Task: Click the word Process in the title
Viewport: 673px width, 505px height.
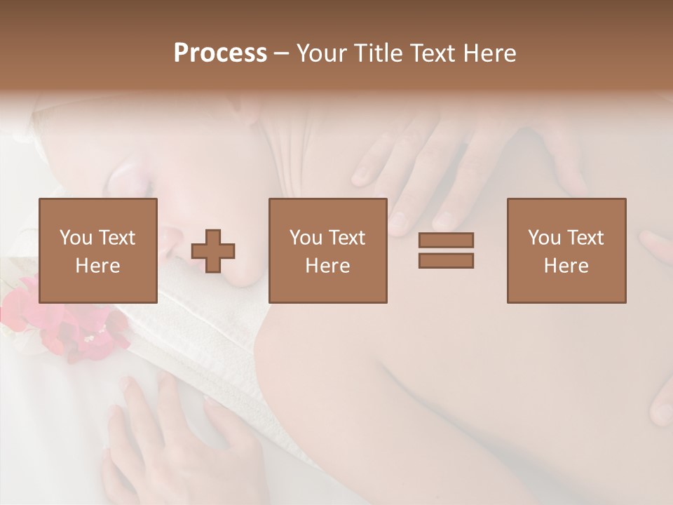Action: coord(220,53)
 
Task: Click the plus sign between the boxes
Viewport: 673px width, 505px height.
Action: coord(213,250)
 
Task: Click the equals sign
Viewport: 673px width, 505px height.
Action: coord(446,250)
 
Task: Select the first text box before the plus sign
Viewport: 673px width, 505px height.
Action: coord(98,250)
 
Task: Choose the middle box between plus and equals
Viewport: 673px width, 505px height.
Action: coord(328,250)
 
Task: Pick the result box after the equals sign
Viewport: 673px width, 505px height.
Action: coord(566,250)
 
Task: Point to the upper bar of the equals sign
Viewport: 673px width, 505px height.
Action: coord(446,241)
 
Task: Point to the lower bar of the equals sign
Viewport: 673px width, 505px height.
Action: coord(446,260)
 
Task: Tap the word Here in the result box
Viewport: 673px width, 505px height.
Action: coord(566,265)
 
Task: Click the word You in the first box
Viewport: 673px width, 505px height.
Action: coord(76,238)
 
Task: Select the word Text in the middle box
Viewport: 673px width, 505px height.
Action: coord(347,238)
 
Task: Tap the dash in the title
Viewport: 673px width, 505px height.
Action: coord(282,53)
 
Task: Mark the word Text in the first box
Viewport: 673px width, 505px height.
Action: coord(117,238)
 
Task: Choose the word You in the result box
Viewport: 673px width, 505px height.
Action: coord(544,238)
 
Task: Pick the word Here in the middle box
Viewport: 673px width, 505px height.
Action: coord(328,265)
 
